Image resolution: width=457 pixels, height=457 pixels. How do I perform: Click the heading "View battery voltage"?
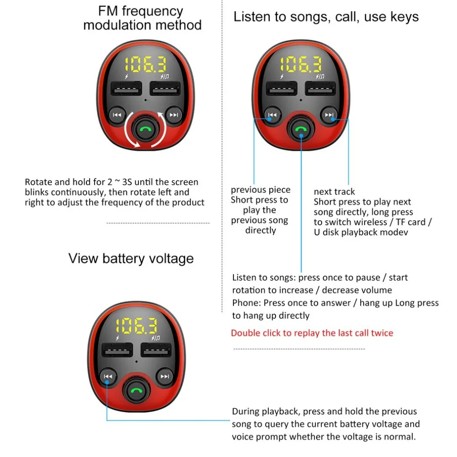point(131,258)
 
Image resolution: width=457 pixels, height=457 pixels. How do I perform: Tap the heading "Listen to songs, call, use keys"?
point(326,17)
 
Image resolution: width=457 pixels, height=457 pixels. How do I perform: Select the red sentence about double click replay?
point(312,333)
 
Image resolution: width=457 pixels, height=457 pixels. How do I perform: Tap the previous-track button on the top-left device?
point(117,115)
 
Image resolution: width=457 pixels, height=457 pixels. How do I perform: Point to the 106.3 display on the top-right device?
point(301,65)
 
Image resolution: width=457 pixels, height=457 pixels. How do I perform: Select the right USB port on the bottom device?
point(156,351)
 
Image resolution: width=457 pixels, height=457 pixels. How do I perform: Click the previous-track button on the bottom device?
point(108,377)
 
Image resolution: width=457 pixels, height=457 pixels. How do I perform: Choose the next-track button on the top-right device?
point(329,115)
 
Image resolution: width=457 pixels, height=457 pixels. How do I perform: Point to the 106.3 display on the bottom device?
point(136,326)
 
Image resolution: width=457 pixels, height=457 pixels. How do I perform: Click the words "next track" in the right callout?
point(334,191)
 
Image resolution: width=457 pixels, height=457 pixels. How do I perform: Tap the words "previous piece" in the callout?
point(260,190)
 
